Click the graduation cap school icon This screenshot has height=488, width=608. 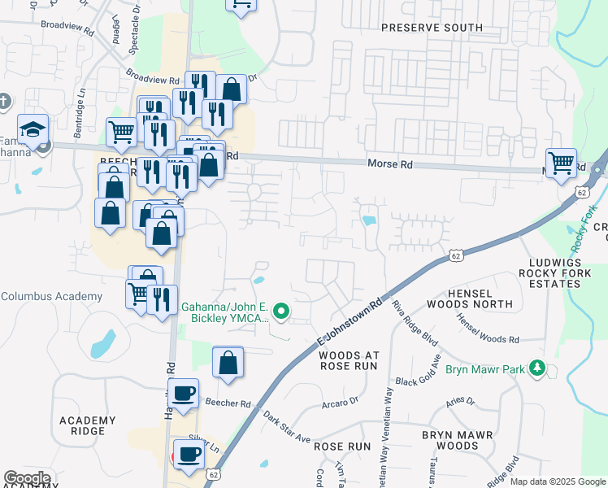click(x=33, y=129)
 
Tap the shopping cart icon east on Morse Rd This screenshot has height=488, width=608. click(x=561, y=163)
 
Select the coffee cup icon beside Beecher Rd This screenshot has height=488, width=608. click(x=184, y=394)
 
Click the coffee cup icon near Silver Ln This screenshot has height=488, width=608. click(x=189, y=455)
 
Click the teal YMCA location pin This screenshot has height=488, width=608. click(x=282, y=311)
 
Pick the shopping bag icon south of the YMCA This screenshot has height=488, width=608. click(x=228, y=363)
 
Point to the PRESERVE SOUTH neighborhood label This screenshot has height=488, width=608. click(x=432, y=27)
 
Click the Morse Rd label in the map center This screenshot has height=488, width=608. click(x=389, y=164)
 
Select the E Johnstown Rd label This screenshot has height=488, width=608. click(x=349, y=320)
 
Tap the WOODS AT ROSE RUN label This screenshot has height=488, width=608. click(x=359, y=360)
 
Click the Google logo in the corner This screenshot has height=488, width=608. click(x=27, y=478)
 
